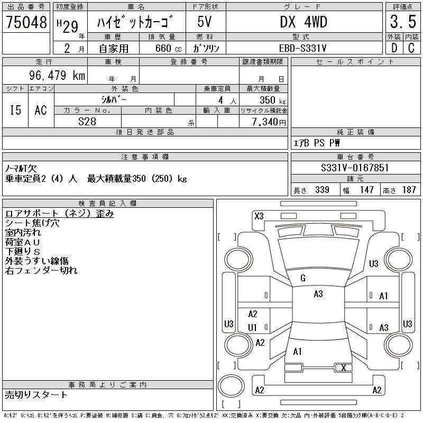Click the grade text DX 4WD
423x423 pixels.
point(304,22)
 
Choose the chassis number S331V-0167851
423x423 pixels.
point(355,168)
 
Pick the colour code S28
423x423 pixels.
point(87,121)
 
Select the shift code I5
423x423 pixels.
point(15,110)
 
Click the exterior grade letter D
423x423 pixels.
point(393,48)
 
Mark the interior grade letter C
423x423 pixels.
point(411,48)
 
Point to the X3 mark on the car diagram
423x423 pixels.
point(259,216)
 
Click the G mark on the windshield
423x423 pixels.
point(303,278)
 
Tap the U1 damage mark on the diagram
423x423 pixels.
point(252,328)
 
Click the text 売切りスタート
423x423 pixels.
point(36,394)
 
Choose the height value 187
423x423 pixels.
point(409,190)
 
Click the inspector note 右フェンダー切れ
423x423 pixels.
point(41,271)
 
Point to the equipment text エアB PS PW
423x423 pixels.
point(317,143)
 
